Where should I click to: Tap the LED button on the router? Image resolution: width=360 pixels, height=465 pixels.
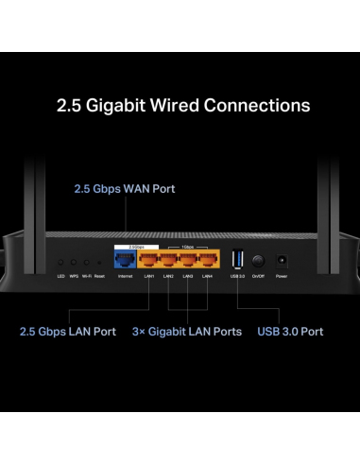(x=60, y=262)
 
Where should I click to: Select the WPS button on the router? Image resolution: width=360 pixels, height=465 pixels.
(x=74, y=262)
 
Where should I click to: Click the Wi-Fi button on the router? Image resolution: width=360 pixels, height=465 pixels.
(x=86, y=262)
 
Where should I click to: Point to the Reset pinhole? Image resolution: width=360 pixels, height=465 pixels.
(x=98, y=262)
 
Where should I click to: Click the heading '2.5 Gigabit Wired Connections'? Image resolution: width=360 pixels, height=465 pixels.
(x=180, y=104)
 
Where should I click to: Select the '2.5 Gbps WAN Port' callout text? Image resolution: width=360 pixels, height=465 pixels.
(x=125, y=188)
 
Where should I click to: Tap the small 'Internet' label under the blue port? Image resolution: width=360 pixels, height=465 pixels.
(x=125, y=276)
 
